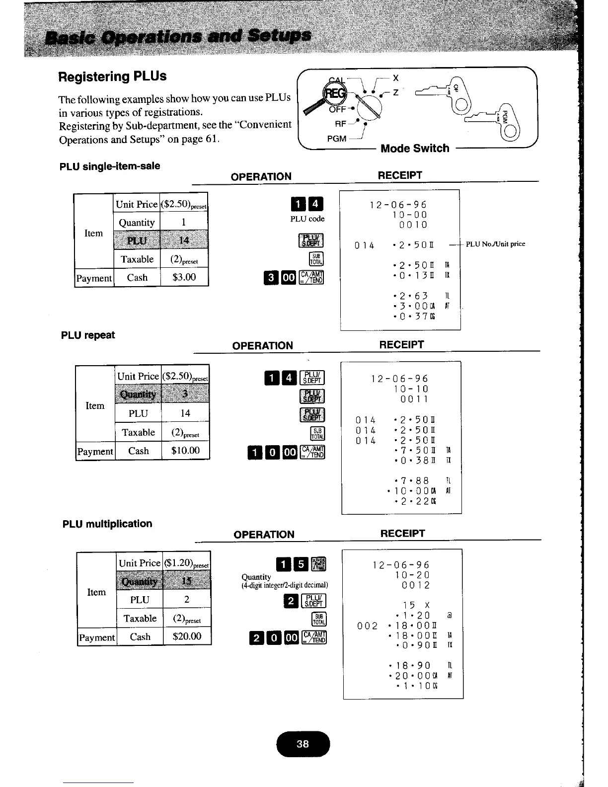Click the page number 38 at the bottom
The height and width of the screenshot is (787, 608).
click(303, 744)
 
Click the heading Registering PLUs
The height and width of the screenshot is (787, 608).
click(112, 77)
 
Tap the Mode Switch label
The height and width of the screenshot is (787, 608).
click(415, 148)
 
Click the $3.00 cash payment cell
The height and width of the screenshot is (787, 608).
click(184, 277)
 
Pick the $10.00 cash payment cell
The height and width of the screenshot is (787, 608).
click(185, 451)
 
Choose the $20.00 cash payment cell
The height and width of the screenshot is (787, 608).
click(187, 636)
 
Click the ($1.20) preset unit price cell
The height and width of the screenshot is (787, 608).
click(187, 563)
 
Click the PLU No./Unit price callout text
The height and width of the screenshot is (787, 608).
click(495, 244)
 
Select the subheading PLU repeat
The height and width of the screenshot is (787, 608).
click(88, 335)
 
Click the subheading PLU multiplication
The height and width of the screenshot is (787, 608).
click(107, 524)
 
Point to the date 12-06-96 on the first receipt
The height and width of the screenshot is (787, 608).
click(398, 205)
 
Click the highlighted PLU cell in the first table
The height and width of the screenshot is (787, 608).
click(137, 241)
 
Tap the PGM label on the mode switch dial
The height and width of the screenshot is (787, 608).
click(336, 139)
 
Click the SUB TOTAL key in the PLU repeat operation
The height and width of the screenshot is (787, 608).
click(317, 433)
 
